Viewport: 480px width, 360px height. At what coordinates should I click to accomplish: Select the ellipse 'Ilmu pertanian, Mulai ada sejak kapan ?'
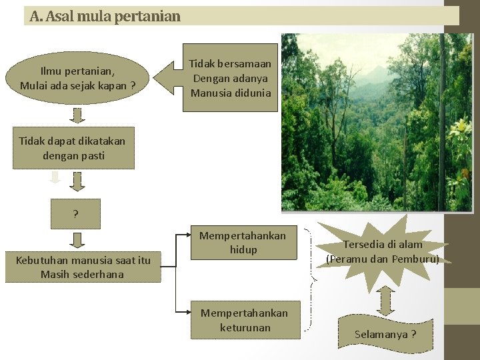pos(77,79)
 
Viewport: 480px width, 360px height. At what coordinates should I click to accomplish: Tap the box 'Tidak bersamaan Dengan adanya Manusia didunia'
pos(231,79)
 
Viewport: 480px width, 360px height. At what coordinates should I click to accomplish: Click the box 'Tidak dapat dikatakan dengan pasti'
pos(73,148)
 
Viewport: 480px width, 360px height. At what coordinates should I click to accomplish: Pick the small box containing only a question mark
pos(75,214)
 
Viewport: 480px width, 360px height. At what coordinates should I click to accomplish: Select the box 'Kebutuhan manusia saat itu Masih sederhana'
pos(83,267)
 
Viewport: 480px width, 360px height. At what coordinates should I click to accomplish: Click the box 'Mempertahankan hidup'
pos(243,243)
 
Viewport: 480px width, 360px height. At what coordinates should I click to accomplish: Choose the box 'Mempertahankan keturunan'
pos(244,320)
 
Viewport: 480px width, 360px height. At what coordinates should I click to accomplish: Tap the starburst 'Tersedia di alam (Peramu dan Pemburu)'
pos(383,252)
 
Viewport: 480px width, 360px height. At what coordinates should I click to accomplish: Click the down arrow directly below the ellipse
pos(78,115)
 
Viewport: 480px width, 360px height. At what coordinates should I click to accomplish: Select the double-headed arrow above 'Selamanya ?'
pos(385,301)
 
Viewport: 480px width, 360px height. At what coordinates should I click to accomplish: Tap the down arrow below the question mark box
pos(78,240)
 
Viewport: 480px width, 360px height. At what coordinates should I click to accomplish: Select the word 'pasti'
pos(91,155)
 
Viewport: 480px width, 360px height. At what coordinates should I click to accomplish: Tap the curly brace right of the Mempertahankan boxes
pos(311,280)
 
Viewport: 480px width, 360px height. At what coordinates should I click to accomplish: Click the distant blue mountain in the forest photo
pos(373,74)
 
